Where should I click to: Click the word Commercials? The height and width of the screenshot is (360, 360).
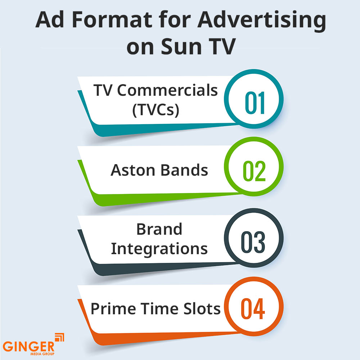(168, 91)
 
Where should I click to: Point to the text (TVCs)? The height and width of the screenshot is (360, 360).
(156, 109)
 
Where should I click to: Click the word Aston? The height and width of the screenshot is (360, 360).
(133, 170)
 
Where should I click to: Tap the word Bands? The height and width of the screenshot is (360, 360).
(184, 170)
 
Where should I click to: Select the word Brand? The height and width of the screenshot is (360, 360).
(159, 229)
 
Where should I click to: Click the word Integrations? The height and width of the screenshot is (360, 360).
(159, 249)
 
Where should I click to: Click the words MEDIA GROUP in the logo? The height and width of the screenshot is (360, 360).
(41, 355)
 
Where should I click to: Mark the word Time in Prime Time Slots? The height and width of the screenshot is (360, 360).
(159, 309)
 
